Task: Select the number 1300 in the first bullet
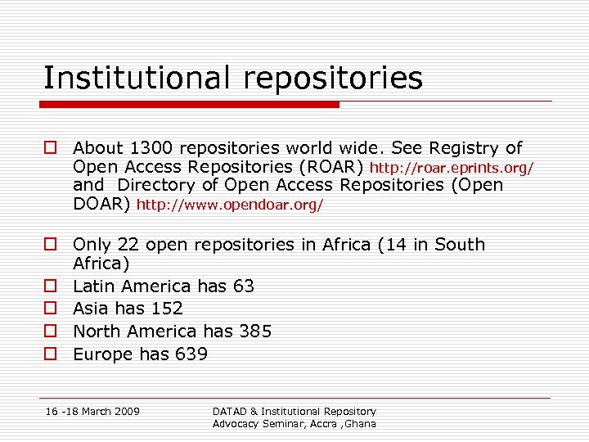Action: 148,148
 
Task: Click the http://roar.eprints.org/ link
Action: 452,168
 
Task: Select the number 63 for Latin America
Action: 243,286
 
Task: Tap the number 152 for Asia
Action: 167,309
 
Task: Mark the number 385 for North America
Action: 254,331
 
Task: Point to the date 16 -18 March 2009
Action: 92,411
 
